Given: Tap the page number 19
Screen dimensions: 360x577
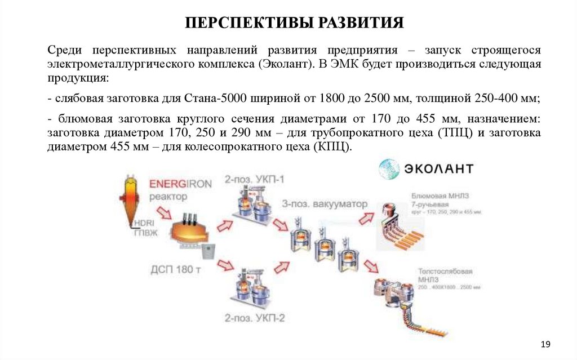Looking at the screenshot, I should (x=545, y=344).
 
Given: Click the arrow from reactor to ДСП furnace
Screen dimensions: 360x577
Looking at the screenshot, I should (x=164, y=214).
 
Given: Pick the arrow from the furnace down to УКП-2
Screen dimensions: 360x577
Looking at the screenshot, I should (x=225, y=264).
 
